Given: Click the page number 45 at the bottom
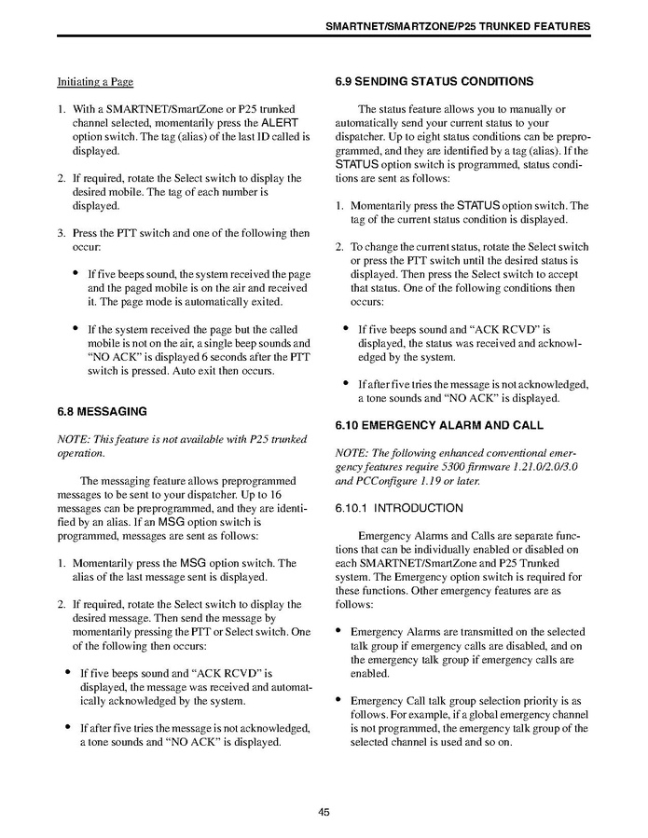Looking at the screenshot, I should (x=324, y=811).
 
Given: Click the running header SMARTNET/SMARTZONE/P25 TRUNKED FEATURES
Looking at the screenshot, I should (x=457, y=26).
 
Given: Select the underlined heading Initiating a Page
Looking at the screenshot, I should (x=95, y=82).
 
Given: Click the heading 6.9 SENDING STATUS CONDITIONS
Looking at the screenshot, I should (x=434, y=82).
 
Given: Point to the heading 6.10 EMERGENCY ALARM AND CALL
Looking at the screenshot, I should (x=439, y=426).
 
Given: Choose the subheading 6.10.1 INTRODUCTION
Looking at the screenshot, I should (x=398, y=508).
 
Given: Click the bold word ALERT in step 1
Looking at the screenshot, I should (x=280, y=122).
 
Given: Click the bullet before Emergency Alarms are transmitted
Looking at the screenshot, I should (x=339, y=631).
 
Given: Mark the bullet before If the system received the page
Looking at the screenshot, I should (x=75, y=329).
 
